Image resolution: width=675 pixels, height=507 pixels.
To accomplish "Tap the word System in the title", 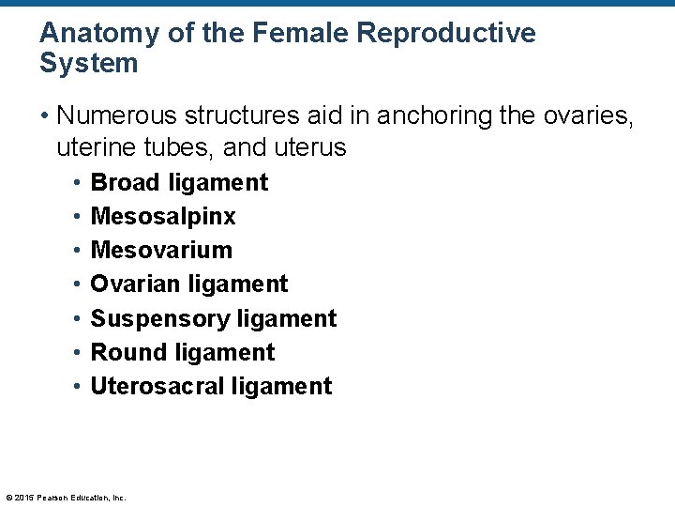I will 89,64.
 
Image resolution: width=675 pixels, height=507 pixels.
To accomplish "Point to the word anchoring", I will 450,115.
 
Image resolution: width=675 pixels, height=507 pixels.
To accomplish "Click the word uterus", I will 311,147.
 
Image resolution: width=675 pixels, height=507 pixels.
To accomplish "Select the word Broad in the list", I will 126,182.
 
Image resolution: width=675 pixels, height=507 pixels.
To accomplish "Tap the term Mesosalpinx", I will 163,217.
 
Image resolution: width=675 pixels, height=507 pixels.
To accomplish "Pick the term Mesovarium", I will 161,251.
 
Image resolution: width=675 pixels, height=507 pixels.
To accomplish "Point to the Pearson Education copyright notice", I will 66,498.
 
